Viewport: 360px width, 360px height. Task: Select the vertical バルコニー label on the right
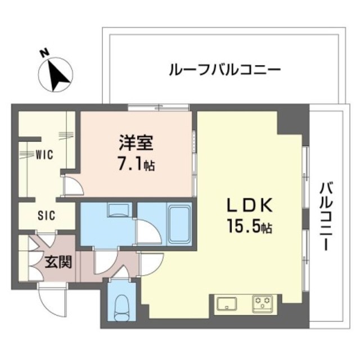click(325, 217)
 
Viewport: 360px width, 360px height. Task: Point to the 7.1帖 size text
click(137, 165)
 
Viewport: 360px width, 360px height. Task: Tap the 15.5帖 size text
click(251, 228)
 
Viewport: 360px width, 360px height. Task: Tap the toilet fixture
click(120, 307)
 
